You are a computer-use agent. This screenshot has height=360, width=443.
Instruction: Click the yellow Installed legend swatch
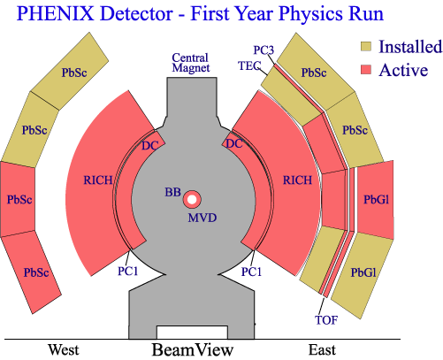tap(366, 47)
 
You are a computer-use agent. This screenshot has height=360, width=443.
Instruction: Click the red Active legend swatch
tap(366, 70)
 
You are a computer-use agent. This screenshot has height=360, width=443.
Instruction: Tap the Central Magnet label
tap(191, 63)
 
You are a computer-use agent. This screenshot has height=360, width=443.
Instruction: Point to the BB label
tap(172, 192)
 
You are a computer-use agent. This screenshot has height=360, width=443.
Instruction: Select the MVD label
tap(202, 218)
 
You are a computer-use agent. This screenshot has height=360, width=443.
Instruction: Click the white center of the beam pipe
tap(192, 200)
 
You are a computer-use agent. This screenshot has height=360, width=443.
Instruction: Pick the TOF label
tap(326, 320)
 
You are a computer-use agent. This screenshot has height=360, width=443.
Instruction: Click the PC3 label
tap(264, 50)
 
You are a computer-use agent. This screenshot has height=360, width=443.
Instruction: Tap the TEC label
tap(249, 65)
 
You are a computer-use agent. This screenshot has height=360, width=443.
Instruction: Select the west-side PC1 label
tap(128, 272)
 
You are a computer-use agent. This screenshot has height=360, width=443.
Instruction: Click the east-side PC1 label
tap(251, 272)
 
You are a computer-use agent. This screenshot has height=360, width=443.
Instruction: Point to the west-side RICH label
tap(98, 180)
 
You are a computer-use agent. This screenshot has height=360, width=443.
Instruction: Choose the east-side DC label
tap(234, 143)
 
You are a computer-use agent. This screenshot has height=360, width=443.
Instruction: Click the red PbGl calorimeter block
tap(375, 200)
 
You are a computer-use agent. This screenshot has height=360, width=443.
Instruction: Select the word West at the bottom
tap(64, 350)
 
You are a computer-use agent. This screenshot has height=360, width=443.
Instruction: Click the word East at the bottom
tap(322, 350)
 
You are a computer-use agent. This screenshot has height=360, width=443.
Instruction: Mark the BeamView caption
tap(193, 350)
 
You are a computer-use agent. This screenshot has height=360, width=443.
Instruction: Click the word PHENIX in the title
tap(56, 13)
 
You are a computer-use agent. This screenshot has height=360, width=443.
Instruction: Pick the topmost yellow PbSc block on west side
tap(70, 71)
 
